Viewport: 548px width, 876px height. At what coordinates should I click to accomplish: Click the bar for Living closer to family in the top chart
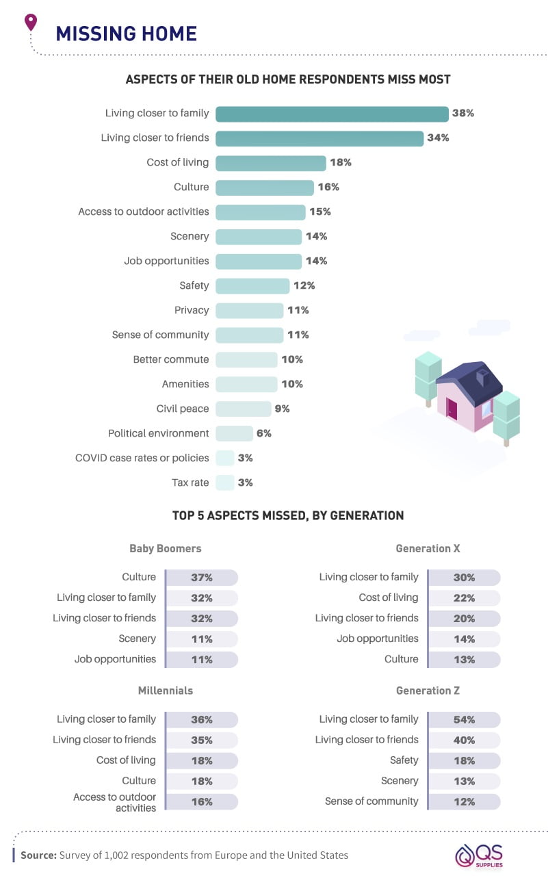click(x=332, y=114)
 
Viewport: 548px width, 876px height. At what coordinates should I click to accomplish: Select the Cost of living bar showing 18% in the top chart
click(x=271, y=163)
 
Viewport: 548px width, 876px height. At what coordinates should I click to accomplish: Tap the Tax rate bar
click(x=225, y=482)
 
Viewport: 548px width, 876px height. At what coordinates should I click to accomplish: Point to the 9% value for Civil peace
click(x=282, y=409)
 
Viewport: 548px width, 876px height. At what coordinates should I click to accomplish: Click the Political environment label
click(x=158, y=433)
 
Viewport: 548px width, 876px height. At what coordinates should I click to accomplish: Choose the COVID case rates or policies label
click(x=142, y=458)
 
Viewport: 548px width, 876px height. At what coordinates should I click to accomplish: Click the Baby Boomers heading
click(x=166, y=548)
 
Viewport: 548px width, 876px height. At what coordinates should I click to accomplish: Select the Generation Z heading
click(x=428, y=691)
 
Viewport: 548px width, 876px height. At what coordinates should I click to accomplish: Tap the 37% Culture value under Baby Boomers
click(x=202, y=578)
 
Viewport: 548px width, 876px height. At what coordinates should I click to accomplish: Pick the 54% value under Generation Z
click(x=464, y=720)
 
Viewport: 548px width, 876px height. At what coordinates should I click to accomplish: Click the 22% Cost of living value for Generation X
click(x=464, y=598)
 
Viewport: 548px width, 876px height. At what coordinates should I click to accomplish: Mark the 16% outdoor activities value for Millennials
click(x=202, y=802)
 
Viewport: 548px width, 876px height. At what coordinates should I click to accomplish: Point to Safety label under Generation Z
click(x=404, y=760)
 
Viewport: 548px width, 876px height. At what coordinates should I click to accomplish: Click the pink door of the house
click(x=452, y=409)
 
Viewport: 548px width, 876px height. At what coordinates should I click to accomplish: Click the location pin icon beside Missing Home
click(x=30, y=23)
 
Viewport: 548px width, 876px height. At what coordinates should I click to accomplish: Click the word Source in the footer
click(x=38, y=855)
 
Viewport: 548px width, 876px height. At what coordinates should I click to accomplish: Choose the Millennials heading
click(x=166, y=691)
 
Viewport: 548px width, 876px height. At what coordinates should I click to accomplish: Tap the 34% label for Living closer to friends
click(x=438, y=138)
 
